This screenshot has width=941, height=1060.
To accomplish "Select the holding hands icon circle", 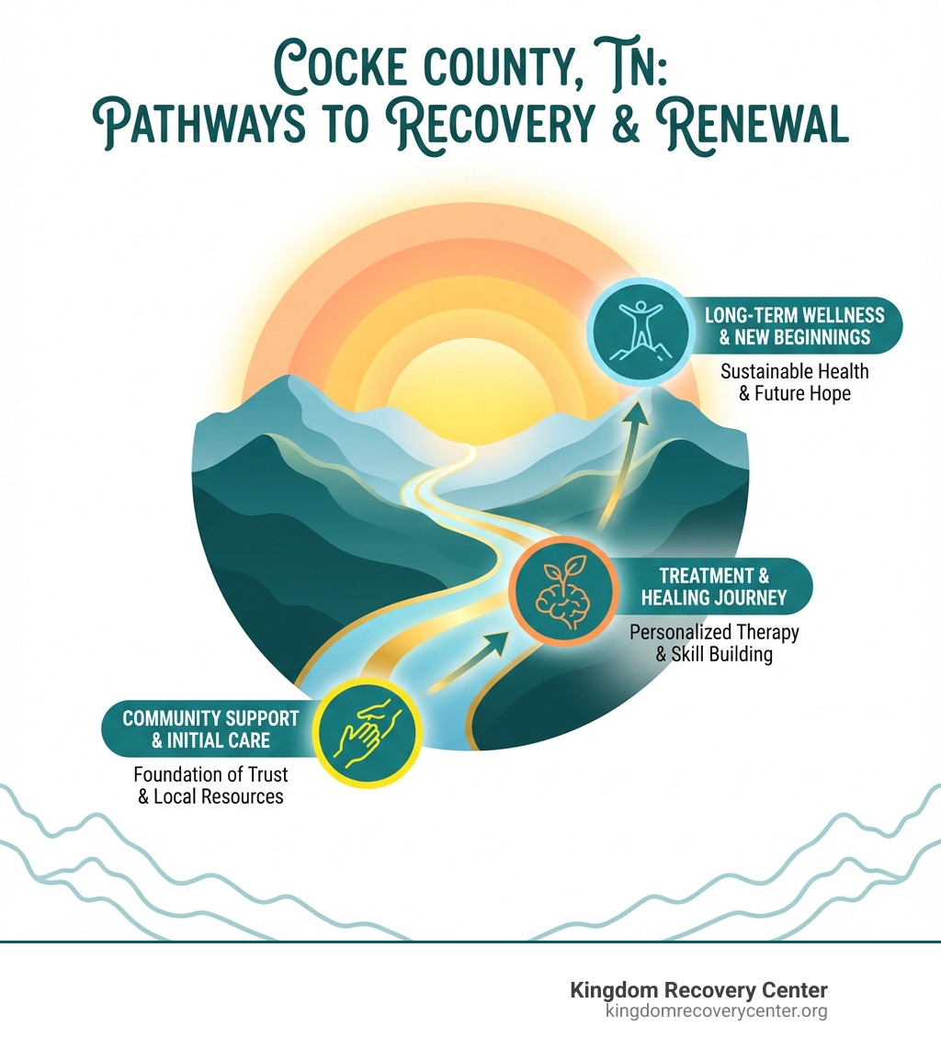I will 367,732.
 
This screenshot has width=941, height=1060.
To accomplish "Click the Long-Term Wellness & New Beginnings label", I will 795,326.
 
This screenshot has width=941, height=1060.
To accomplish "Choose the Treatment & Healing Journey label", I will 714,587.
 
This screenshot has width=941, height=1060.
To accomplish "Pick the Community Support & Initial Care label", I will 211,728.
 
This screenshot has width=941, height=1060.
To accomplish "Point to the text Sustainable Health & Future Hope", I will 794,383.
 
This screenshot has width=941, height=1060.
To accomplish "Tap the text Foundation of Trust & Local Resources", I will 210,784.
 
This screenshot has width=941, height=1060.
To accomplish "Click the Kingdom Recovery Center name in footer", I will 698,990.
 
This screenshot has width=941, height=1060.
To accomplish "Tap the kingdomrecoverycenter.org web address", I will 717,1011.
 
